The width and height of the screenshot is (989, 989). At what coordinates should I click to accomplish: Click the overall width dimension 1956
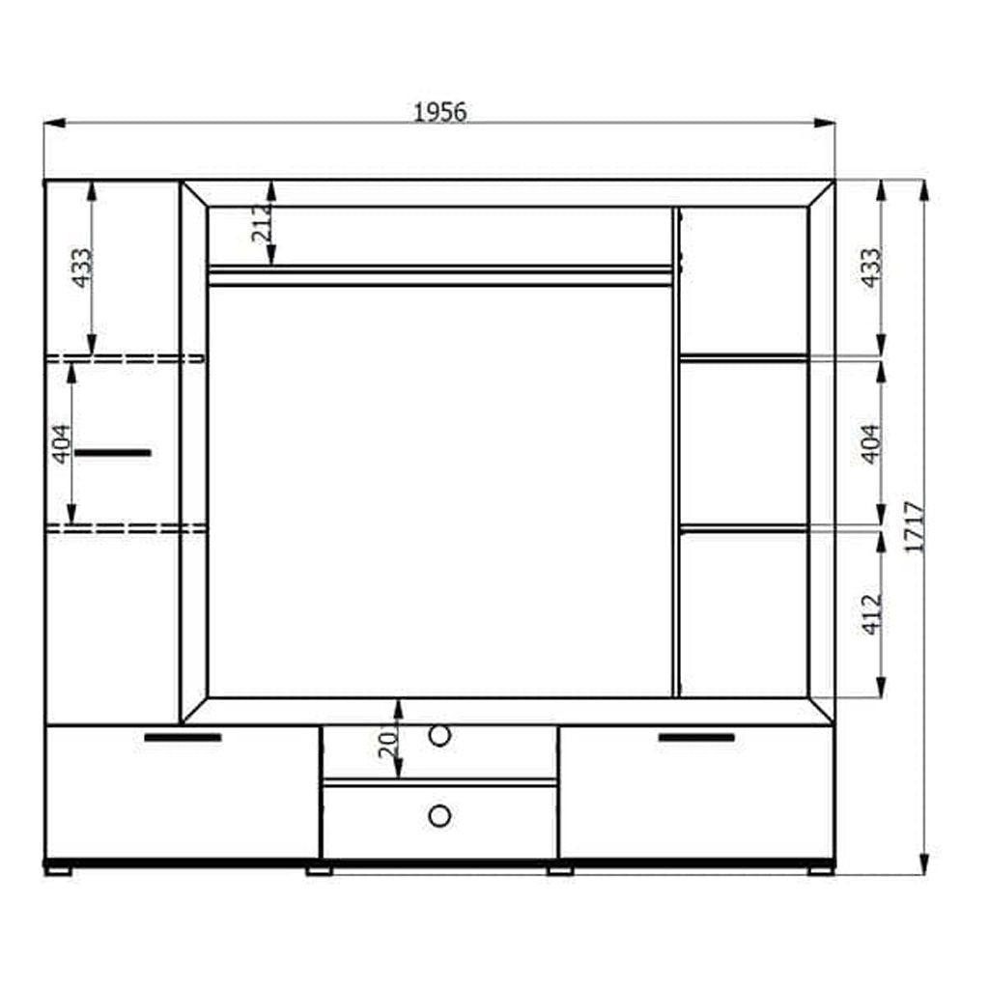pyautogui.click(x=439, y=112)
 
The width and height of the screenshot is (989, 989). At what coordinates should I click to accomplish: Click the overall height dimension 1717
pyautogui.click(x=916, y=526)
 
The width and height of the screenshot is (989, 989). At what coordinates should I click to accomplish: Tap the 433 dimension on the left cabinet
pyautogui.click(x=83, y=268)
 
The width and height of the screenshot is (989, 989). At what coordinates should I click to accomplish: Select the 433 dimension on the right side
pyautogui.click(x=871, y=268)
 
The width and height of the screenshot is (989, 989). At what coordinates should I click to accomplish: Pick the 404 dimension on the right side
pyautogui.click(x=871, y=444)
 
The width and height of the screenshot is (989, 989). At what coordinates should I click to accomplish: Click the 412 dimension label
pyautogui.click(x=871, y=613)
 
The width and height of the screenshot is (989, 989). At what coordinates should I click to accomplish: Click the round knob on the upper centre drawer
pyautogui.click(x=439, y=736)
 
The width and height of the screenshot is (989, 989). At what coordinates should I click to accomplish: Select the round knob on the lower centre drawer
pyautogui.click(x=439, y=816)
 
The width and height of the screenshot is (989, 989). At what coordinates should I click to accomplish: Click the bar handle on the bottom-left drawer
pyautogui.click(x=183, y=738)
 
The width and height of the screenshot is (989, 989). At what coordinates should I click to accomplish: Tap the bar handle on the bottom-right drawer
pyautogui.click(x=695, y=738)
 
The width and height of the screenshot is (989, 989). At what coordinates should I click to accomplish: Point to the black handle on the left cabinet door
pyautogui.click(x=114, y=452)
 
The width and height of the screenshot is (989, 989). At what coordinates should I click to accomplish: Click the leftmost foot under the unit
pyautogui.click(x=59, y=869)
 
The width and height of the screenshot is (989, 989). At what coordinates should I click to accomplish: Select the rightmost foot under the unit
pyautogui.click(x=820, y=869)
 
